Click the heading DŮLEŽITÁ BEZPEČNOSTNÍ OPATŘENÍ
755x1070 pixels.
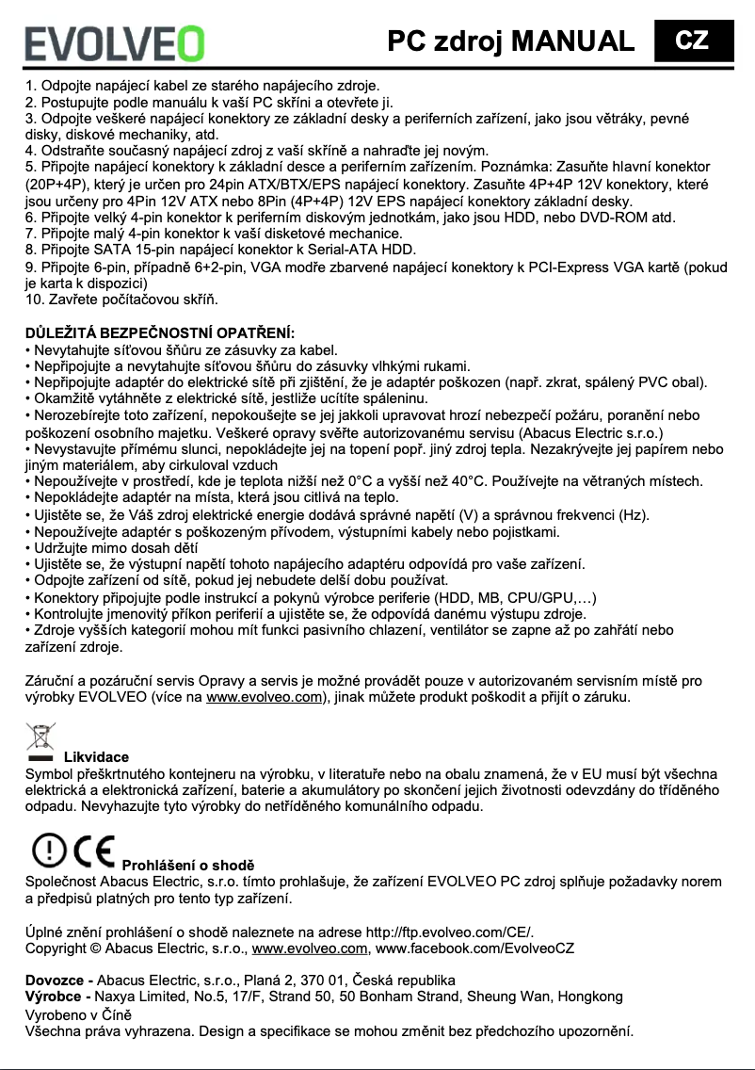click(160, 333)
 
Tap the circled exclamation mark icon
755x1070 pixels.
click(47, 851)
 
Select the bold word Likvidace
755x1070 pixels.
click(96, 756)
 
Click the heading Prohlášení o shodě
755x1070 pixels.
click(189, 865)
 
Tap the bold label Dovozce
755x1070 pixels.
click(56, 981)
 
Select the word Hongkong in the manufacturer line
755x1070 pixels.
click(590, 997)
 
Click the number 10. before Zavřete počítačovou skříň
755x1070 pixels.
click(36, 300)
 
